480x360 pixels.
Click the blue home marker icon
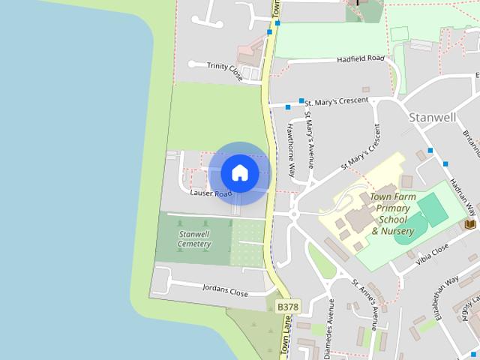tap(239, 172)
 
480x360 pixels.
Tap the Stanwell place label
tap(433, 117)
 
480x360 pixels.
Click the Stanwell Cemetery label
tap(194, 239)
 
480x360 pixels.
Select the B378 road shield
tap(286, 307)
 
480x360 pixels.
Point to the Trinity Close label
tap(225, 70)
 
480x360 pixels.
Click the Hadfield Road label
tap(361, 58)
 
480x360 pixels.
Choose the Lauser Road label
tap(211, 193)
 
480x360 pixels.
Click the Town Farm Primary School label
tap(392, 214)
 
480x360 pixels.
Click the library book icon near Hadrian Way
tap(470, 223)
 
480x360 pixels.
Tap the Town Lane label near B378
tap(286, 334)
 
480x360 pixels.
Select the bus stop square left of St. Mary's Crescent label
tap(301, 100)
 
